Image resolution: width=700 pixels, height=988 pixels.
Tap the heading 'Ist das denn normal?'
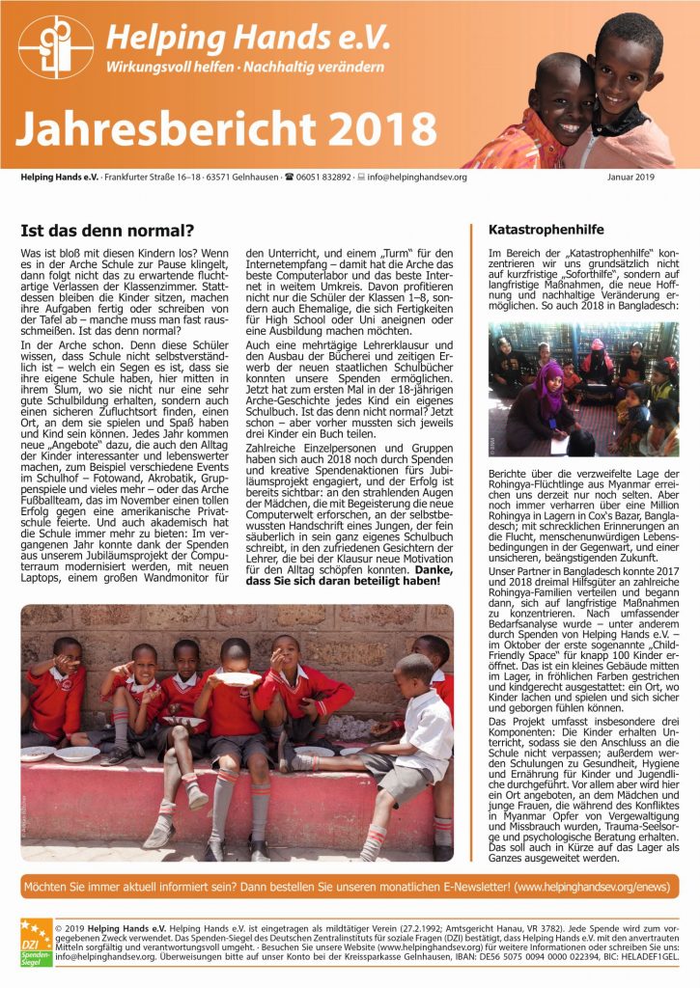(x=107, y=231)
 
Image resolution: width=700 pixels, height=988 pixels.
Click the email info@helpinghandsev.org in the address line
(x=419, y=178)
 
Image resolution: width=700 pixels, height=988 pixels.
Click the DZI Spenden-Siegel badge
(x=36, y=944)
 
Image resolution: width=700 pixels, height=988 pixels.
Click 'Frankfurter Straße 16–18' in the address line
(x=159, y=178)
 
